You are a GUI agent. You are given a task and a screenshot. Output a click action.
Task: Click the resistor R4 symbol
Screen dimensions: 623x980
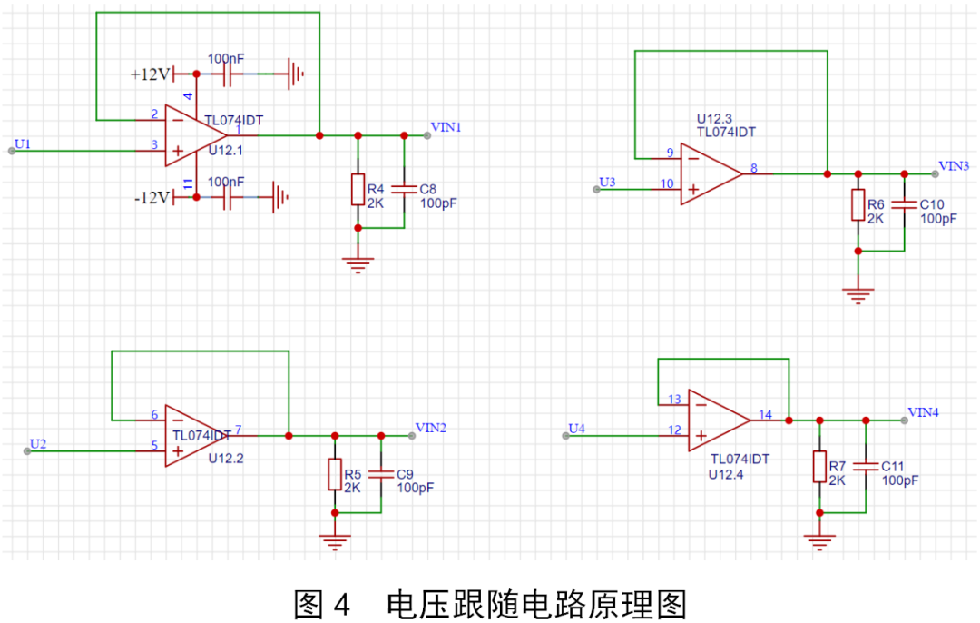[358, 190]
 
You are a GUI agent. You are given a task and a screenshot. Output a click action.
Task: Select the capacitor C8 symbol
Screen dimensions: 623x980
[404, 189]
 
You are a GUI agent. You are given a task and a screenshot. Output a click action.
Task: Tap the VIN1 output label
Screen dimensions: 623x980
[446, 127]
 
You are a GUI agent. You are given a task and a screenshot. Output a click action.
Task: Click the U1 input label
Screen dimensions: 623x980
[23, 143]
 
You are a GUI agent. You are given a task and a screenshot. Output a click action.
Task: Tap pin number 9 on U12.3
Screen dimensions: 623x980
[669, 153]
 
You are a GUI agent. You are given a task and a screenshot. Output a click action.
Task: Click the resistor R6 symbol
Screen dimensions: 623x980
[857, 205]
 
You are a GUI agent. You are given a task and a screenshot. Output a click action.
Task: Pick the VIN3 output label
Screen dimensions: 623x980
[954, 165]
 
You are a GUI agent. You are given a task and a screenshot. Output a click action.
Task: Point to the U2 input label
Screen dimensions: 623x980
[38, 443]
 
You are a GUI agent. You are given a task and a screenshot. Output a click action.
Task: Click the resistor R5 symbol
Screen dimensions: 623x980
[335, 474]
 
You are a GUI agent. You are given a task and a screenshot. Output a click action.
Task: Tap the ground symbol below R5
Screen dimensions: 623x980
[335, 542]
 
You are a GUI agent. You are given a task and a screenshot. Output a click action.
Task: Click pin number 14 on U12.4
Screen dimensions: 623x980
[765, 414]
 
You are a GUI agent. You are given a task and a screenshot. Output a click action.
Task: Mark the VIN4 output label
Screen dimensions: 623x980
[923, 411]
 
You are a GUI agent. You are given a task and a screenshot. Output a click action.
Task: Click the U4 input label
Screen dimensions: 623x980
[577, 428]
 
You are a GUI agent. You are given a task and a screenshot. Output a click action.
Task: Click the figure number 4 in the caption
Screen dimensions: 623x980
[340, 603]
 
